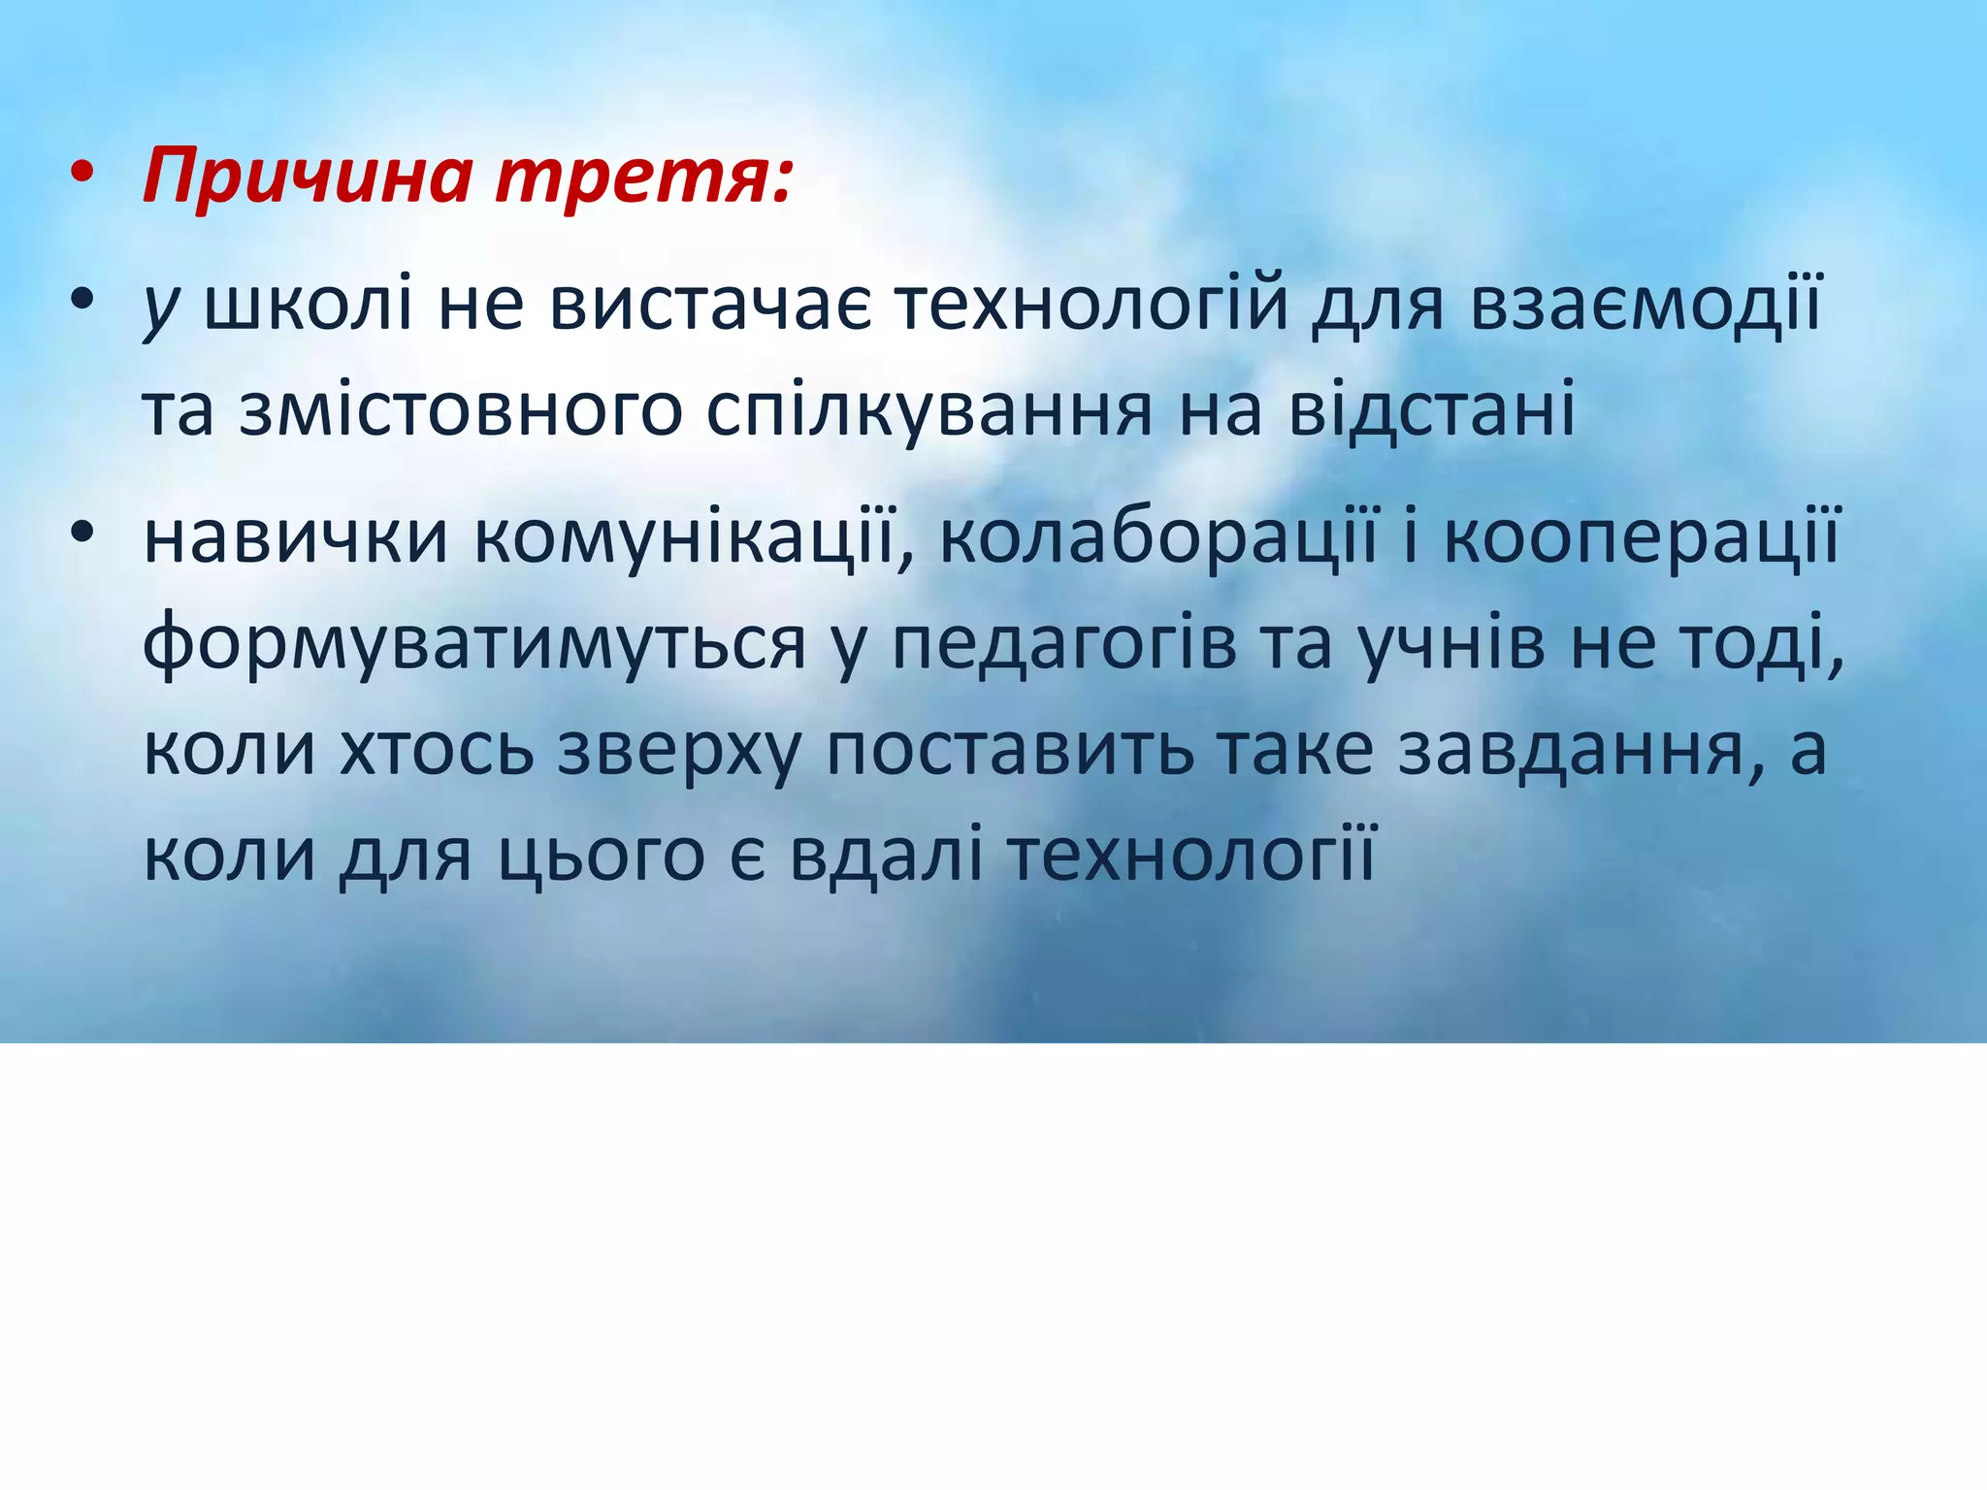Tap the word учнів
coord(1450,643)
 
